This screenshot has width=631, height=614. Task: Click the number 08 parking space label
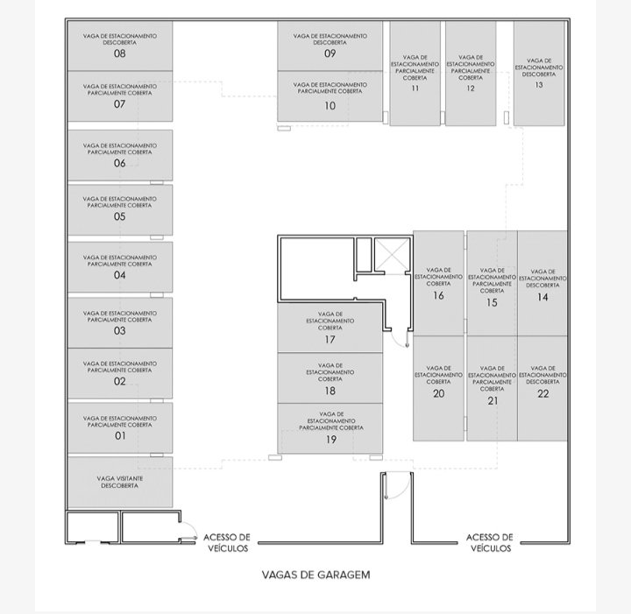coord(119,53)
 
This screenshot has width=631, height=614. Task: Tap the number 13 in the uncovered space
coord(539,85)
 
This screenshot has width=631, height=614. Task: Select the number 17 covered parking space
coord(330,340)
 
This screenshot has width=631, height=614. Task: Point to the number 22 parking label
coord(542,393)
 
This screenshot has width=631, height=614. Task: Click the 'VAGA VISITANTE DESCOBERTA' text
coord(119,482)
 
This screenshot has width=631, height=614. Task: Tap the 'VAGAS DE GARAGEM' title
coord(315,575)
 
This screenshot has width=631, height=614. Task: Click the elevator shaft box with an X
coord(392,255)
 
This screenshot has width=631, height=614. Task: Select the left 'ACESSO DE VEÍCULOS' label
coord(227,543)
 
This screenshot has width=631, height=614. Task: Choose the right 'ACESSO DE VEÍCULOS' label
coord(490,543)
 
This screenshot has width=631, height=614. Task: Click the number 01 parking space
coord(120,436)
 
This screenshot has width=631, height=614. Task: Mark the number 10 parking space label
coord(330,106)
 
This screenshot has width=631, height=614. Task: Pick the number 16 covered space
coord(438,296)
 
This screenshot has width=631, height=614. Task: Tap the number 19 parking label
coord(330,440)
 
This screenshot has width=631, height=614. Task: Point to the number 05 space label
coord(119,216)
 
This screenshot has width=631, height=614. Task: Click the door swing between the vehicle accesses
coord(398,486)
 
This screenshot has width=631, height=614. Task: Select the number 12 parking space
coord(471,88)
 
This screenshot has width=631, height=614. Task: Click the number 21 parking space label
coord(493,401)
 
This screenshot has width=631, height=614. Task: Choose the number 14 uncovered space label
coord(542,297)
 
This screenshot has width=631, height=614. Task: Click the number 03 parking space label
coord(119,331)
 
